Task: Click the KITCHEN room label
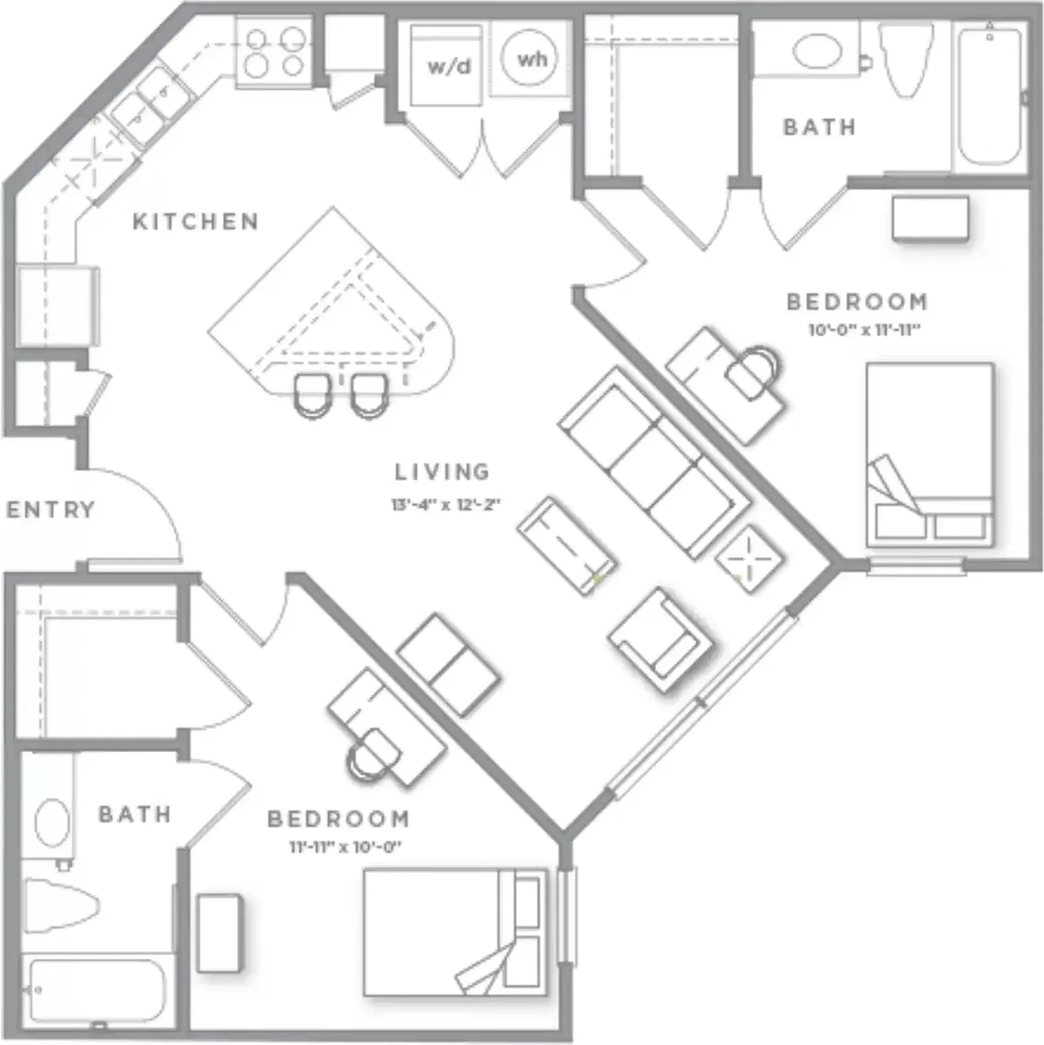click(195, 222)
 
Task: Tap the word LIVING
click(442, 472)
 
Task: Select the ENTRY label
click(50, 510)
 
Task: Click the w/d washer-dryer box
click(446, 66)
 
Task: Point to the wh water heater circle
click(532, 59)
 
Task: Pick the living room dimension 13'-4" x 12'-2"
click(446, 504)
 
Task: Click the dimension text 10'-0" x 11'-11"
click(864, 329)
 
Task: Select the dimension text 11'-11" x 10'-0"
click(345, 847)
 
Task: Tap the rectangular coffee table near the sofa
click(566, 545)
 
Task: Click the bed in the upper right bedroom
click(930, 455)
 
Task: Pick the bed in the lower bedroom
click(456, 933)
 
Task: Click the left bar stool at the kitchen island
click(313, 395)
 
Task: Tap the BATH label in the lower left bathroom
click(135, 814)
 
